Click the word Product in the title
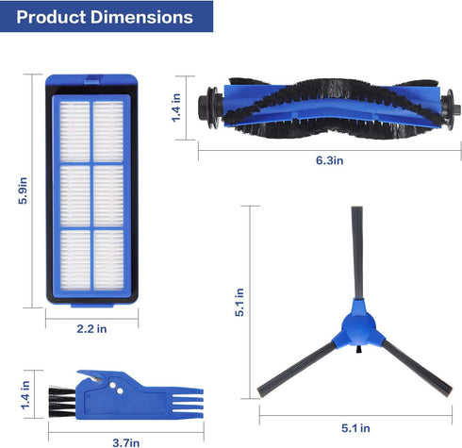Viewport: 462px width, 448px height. [x=50, y=17]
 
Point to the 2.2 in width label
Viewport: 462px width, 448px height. [x=92, y=328]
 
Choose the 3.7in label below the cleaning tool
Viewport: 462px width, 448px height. [x=125, y=440]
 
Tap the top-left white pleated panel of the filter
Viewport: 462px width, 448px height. [x=75, y=128]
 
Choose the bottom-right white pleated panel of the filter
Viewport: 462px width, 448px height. [x=107, y=259]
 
